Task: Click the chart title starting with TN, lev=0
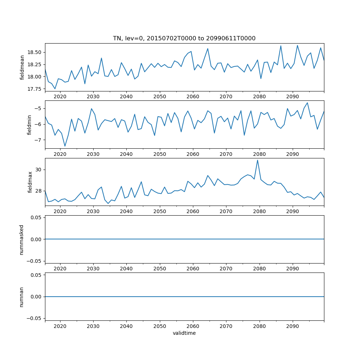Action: [x=184, y=39]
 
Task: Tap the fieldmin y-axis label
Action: [x=30, y=125]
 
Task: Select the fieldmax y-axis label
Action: [x=30, y=182]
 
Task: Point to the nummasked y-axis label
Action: [x=22, y=240]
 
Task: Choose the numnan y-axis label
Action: [x=22, y=297]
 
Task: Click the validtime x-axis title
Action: [x=184, y=333]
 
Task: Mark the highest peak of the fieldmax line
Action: [x=257, y=160]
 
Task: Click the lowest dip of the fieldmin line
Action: [x=65, y=146]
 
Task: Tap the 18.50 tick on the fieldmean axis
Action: [x=35, y=52]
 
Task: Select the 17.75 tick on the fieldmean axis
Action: [x=35, y=89]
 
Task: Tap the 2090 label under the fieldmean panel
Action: [x=292, y=96]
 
